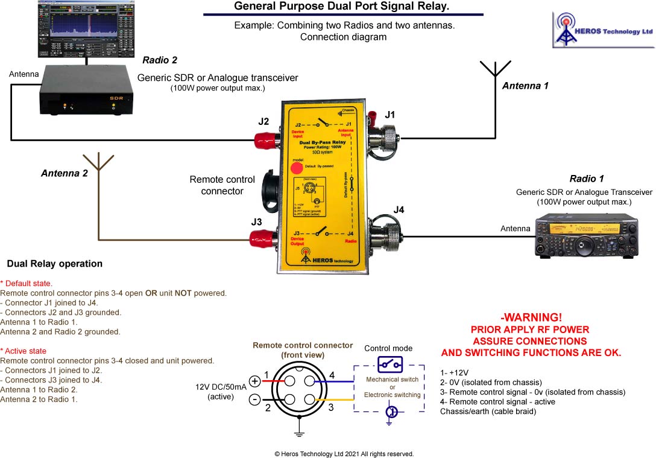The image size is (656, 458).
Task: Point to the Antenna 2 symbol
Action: pyautogui.click(x=98, y=161)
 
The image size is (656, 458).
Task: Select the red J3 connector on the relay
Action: pyautogui.click(x=263, y=240)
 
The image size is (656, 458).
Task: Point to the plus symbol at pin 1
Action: pyautogui.click(x=254, y=381)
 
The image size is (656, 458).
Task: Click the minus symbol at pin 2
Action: pyautogui.click(x=254, y=400)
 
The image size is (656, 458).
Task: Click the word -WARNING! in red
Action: pyautogui.click(x=531, y=317)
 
